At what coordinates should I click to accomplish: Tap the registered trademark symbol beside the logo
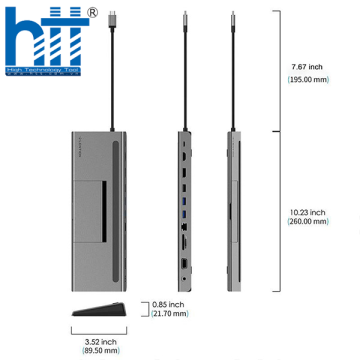coord(93,13)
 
